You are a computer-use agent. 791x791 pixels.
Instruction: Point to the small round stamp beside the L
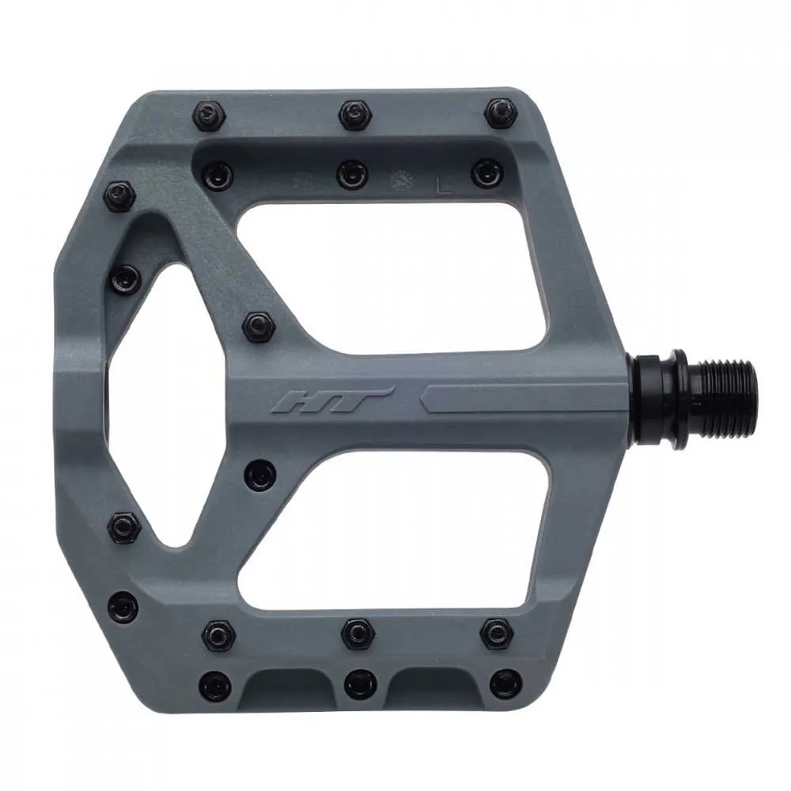click(402, 180)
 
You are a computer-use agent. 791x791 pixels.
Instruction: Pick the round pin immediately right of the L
click(486, 172)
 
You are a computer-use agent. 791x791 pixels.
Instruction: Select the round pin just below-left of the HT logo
click(260, 475)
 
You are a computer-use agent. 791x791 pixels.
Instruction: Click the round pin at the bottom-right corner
click(503, 683)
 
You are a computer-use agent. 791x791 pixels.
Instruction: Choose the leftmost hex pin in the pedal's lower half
click(123, 527)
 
